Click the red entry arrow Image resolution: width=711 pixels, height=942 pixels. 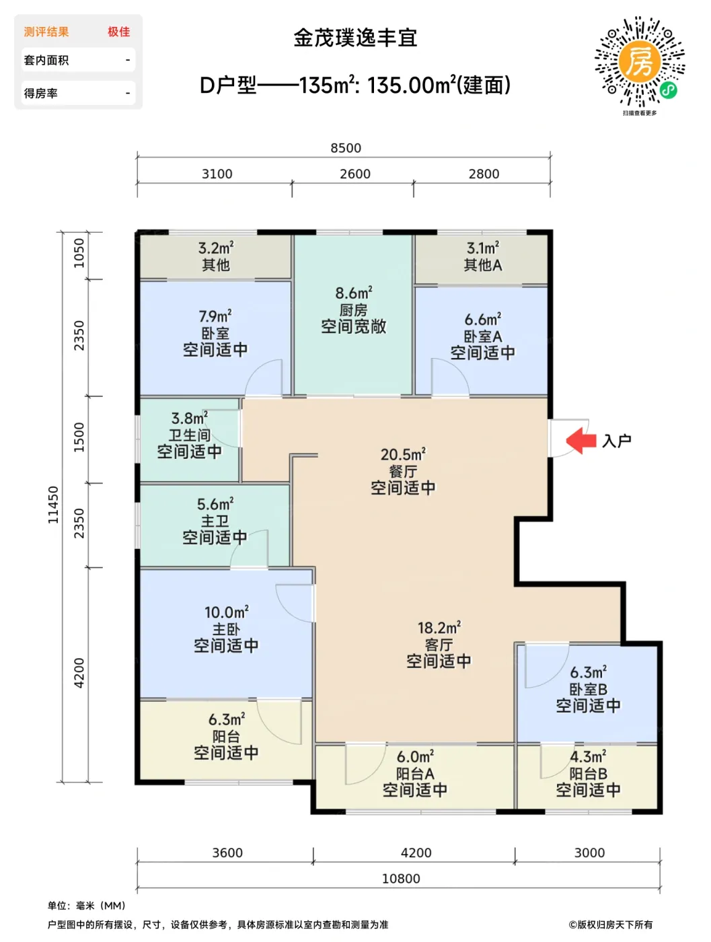point(581,440)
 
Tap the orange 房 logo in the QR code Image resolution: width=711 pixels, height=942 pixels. point(639,62)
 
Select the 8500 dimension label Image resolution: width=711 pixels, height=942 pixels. point(346,148)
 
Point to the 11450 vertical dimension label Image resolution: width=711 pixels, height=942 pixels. point(52,505)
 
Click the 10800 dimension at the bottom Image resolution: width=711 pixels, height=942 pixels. point(401,879)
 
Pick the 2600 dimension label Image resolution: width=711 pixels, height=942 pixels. point(355,174)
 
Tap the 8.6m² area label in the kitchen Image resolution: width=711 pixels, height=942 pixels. point(354,293)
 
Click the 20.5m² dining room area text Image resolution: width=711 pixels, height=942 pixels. point(403,454)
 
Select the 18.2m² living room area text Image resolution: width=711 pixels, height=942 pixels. point(439,628)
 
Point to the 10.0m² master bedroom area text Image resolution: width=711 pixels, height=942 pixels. point(227,612)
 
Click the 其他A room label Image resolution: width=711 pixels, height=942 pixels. point(483,265)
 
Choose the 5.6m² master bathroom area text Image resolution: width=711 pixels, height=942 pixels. point(215,504)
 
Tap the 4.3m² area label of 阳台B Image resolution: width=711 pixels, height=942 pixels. point(588,756)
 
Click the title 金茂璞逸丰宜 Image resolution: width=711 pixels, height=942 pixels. point(355,38)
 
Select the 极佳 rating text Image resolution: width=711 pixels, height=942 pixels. point(119,32)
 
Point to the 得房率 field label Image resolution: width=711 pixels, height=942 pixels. point(41,93)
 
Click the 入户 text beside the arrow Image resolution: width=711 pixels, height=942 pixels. point(617,441)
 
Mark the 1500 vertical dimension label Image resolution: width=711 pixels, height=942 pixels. point(79,437)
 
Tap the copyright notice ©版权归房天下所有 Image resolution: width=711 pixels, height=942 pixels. point(611,925)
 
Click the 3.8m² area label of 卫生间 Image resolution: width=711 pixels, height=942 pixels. point(190,418)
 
